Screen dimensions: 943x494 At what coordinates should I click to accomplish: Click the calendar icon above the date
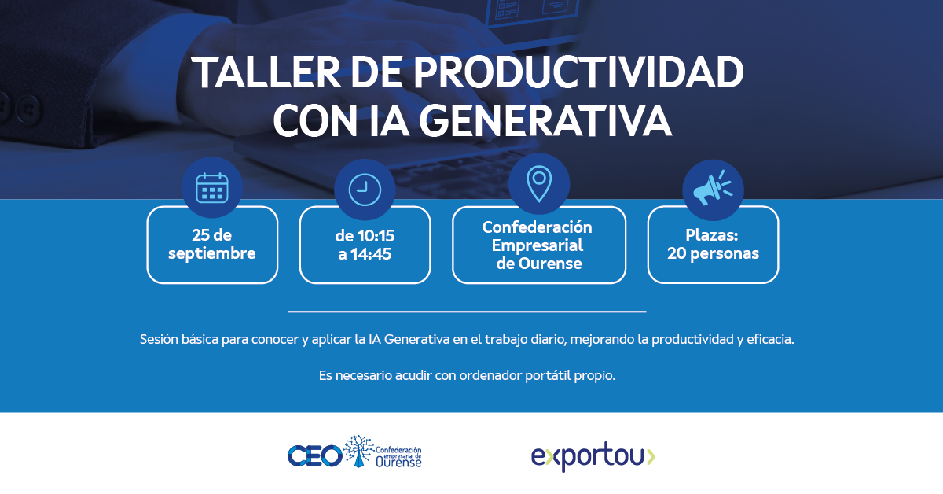click(212, 188)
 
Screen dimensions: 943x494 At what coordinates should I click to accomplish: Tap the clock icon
click(365, 190)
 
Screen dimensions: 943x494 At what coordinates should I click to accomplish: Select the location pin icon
click(539, 184)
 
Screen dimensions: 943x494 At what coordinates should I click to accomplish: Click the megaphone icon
click(713, 188)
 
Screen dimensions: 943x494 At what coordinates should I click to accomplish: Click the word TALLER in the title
click(266, 72)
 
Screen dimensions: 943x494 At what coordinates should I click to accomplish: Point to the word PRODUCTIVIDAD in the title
click(578, 72)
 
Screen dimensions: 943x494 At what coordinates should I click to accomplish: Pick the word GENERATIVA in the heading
click(545, 120)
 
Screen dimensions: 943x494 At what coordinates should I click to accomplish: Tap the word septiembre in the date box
click(211, 254)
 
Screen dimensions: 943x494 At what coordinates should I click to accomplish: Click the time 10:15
click(376, 236)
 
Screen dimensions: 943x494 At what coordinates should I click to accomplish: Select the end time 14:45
click(371, 254)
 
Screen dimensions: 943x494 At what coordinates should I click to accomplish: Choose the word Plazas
click(712, 235)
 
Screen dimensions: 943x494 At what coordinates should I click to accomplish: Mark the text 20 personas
click(713, 253)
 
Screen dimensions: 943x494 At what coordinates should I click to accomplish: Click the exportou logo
click(593, 456)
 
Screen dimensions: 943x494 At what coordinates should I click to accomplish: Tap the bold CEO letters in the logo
click(315, 456)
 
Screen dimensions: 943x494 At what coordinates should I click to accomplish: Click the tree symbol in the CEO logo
click(358, 451)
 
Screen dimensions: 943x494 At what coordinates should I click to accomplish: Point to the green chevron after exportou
click(651, 457)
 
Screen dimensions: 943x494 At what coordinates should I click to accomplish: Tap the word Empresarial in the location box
click(538, 245)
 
